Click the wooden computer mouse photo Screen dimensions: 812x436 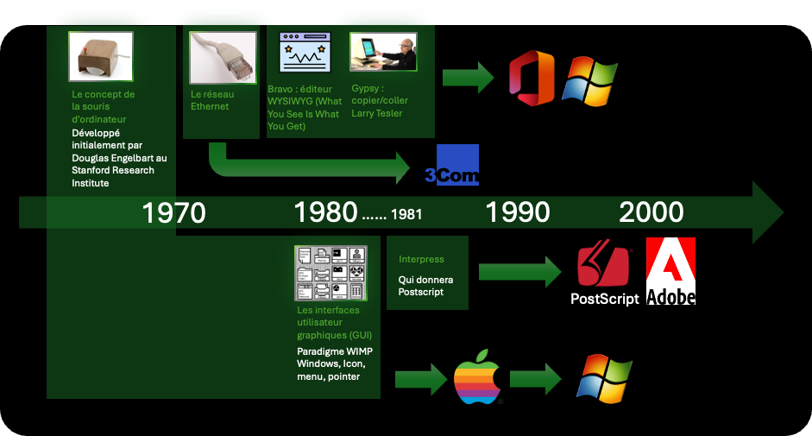click(101, 56)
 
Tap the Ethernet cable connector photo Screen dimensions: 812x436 click(223, 58)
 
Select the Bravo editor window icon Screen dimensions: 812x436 click(305, 53)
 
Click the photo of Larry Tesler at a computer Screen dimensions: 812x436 click(383, 51)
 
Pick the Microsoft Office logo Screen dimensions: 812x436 click(532, 78)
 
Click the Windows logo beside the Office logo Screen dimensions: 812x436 click(590, 81)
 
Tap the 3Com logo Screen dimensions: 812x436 click(452, 165)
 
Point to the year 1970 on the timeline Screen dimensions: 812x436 click(173, 212)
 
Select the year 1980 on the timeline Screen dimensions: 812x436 click(325, 212)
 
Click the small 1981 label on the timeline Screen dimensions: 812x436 click(406, 214)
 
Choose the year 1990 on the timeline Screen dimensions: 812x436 click(518, 212)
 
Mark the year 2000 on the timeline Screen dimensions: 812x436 click(651, 212)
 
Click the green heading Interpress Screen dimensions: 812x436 click(421, 259)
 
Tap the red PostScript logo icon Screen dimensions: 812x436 click(603, 262)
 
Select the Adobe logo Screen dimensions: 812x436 click(670, 271)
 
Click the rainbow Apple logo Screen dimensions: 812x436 click(477, 377)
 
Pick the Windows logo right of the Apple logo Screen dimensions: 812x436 click(604, 378)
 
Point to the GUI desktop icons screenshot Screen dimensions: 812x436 click(330, 273)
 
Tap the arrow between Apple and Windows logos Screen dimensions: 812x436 click(536, 379)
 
